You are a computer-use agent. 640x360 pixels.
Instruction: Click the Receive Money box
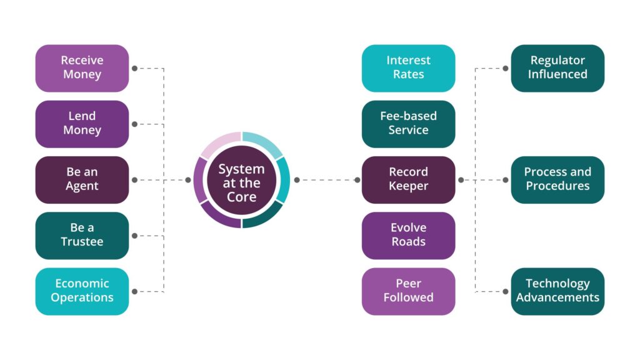[x=82, y=68]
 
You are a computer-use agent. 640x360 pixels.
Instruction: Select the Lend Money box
[x=82, y=124]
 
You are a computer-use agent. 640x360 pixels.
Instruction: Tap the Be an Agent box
[x=82, y=179]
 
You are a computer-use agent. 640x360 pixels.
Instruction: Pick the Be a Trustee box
[x=82, y=235]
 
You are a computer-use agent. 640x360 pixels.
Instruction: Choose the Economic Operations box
[x=82, y=291]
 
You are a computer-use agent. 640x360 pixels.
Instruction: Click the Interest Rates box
[x=408, y=68]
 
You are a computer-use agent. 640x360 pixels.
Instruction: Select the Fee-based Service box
[x=408, y=124]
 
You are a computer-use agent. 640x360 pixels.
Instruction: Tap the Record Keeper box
[x=408, y=179]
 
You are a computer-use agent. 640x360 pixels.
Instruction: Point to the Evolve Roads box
[x=408, y=235]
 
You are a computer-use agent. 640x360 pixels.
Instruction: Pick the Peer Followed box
[x=408, y=291]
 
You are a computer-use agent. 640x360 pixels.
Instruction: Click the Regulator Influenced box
[x=557, y=68]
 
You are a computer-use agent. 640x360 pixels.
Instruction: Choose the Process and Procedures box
[x=557, y=179]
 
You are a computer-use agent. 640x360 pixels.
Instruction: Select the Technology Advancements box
[x=557, y=291]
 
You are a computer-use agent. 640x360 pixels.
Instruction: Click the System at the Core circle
[x=241, y=180]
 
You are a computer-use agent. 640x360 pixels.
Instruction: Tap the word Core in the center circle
[x=241, y=197]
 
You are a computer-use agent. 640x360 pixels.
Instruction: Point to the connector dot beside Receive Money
[x=134, y=68]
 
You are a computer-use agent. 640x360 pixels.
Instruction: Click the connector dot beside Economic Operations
[x=134, y=291]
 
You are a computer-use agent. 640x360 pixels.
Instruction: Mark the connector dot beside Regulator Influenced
[x=506, y=68]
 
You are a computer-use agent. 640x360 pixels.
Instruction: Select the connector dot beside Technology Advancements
[x=506, y=291]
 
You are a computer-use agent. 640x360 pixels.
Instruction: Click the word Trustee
[x=82, y=242]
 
